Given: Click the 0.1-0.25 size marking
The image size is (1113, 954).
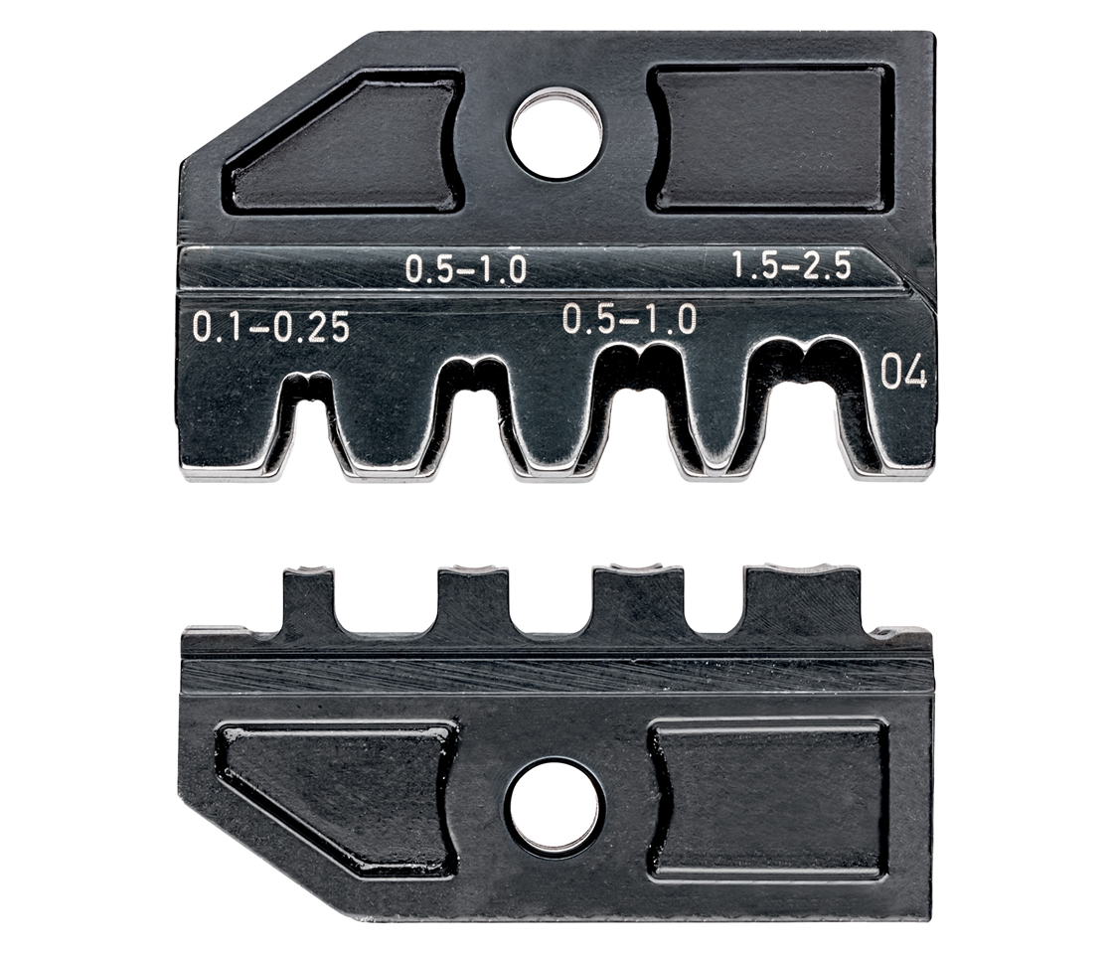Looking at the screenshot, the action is pos(271,328).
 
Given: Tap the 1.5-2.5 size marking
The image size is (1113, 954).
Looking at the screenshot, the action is pos(791,267).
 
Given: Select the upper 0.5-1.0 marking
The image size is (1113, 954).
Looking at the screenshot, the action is pos(466,269).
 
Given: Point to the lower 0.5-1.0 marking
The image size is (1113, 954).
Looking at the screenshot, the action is pos(629,319).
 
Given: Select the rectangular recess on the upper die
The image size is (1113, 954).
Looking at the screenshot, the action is pos(770,138).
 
